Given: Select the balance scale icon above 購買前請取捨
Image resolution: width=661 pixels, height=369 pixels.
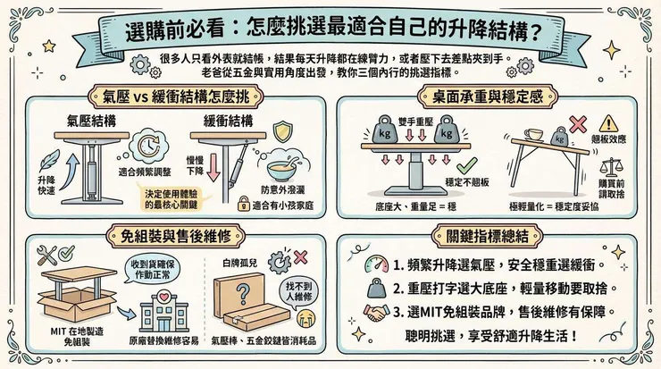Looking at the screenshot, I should (x=612, y=165).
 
